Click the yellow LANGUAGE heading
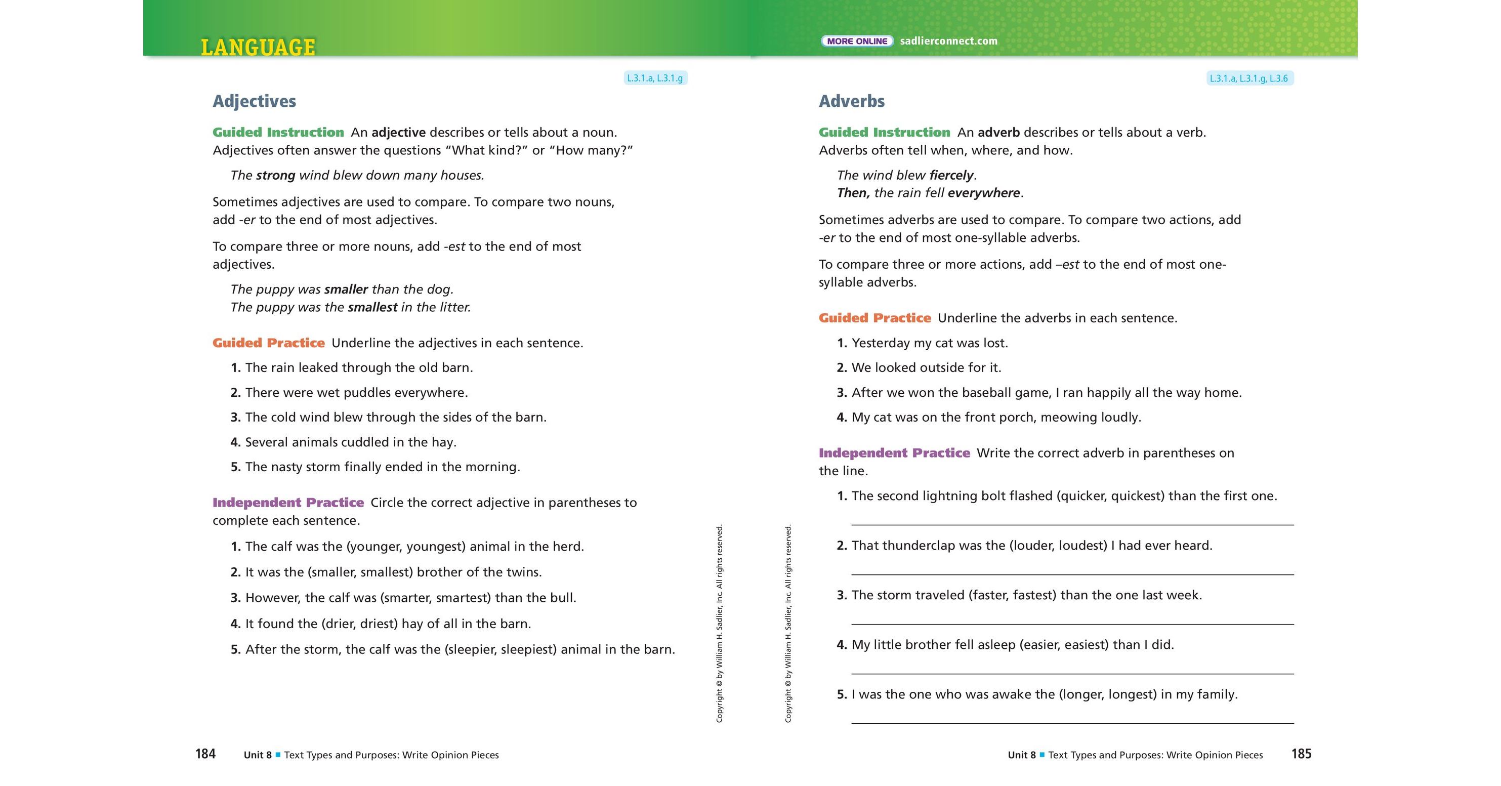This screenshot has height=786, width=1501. (x=258, y=47)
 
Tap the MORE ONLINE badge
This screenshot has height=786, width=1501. (x=857, y=42)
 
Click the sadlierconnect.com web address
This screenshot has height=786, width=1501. (x=948, y=42)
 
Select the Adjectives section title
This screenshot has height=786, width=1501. (x=254, y=101)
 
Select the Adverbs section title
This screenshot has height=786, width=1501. (x=851, y=101)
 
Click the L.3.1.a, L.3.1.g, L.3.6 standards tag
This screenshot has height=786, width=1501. (x=1249, y=78)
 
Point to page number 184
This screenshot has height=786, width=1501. (x=205, y=754)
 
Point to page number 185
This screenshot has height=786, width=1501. (x=1301, y=754)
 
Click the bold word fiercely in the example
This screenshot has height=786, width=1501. (x=951, y=176)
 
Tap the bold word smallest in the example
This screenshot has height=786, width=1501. (x=372, y=307)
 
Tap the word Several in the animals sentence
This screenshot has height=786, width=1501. (x=266, y=442)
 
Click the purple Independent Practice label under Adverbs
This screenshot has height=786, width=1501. (x=894, y=453)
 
